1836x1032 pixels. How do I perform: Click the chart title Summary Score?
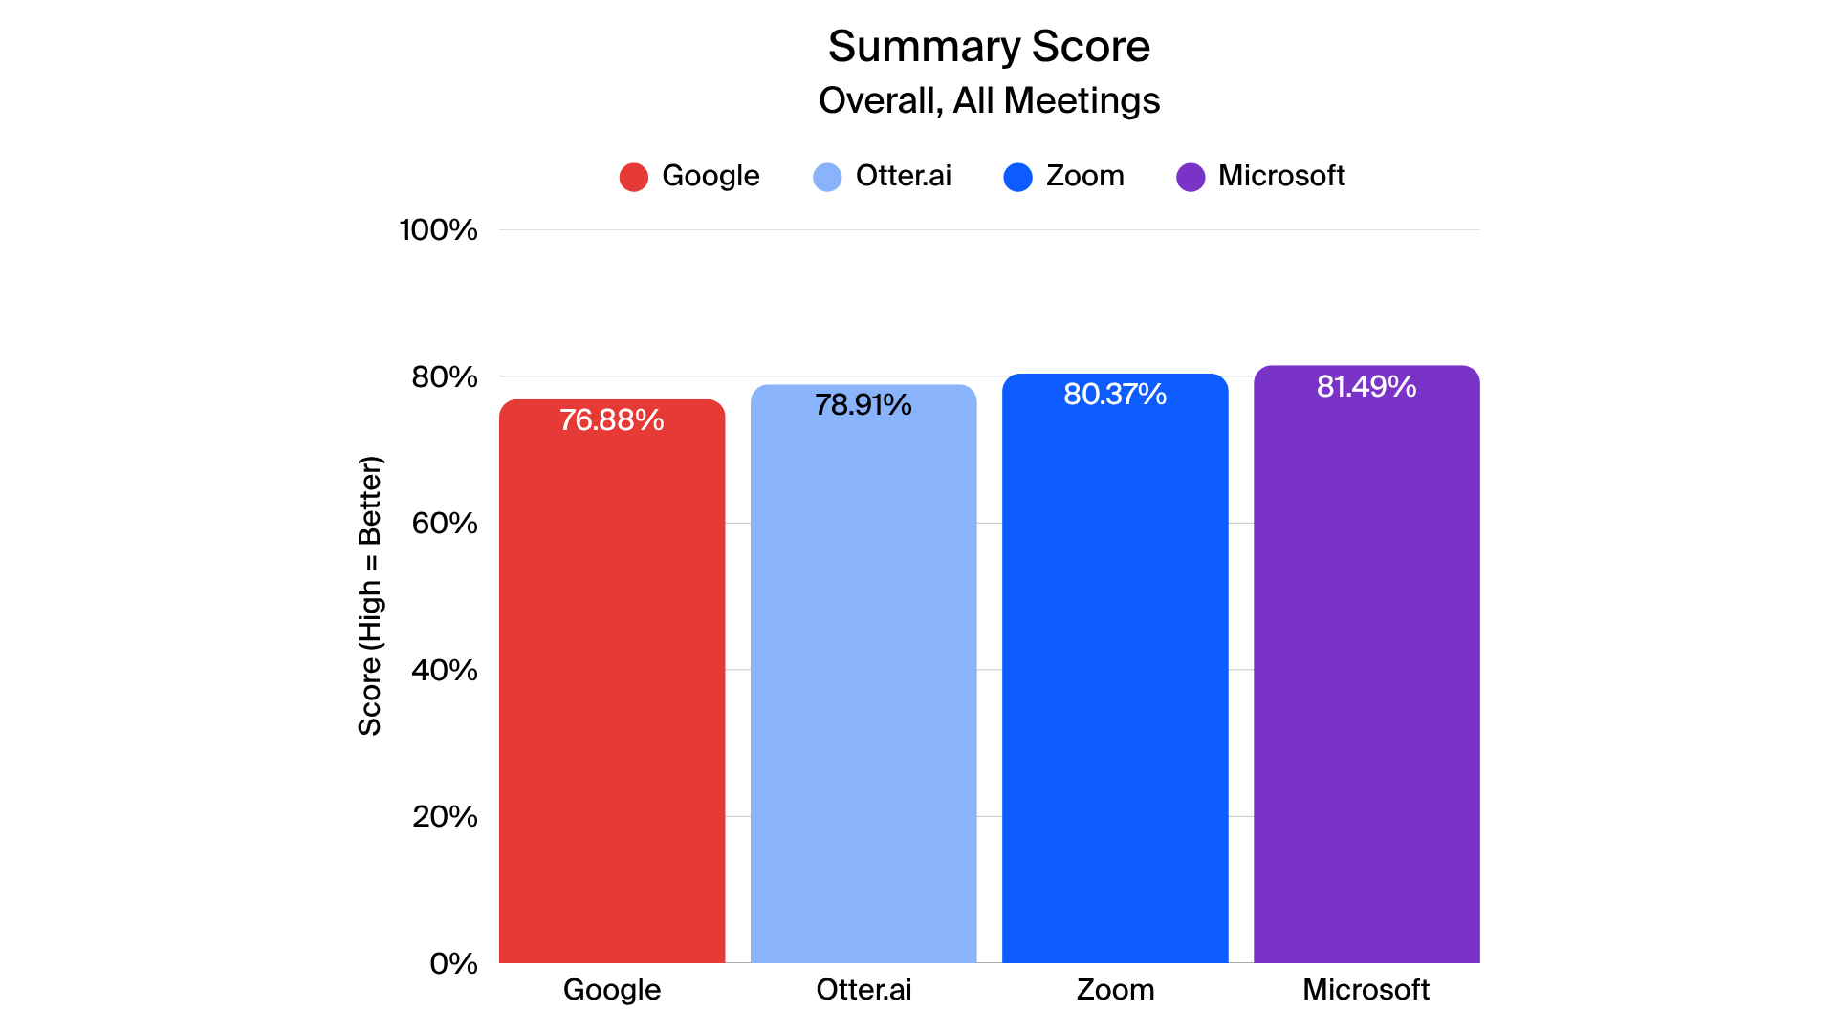(x=989, y=46)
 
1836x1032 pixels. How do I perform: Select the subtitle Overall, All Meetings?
(x=989, y=100)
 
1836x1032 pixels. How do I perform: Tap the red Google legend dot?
(x=634, y=177)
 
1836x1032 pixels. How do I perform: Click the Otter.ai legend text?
(x=903, y=176)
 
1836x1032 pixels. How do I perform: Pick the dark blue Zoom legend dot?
(x=1017, y=177)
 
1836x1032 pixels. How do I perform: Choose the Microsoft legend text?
(x=1280, y=176)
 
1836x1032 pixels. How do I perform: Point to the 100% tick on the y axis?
(x=438, y=230)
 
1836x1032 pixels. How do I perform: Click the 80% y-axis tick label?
(x=444, y=377)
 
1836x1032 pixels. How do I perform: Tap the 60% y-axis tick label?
(x=444, y=524)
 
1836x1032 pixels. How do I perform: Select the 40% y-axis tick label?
(x=444, y=671)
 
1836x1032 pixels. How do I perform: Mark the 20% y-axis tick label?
(x=444, y=817)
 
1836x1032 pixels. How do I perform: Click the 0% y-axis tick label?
(x=452, y=963)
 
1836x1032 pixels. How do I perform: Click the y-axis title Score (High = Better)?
(x=370, y=596)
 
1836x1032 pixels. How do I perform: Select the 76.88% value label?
(x=611, y=420)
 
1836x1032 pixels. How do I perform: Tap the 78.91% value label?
(x=863, y=405)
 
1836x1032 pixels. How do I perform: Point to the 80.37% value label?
(x=1114, y=395)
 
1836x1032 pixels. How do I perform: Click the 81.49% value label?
(x=1366, y=387)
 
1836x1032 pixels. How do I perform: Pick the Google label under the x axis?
(x=611, y=990)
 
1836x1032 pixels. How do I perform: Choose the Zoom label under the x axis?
(x=1115, y=990)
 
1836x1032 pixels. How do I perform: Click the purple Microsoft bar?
(x=1366, y=669)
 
